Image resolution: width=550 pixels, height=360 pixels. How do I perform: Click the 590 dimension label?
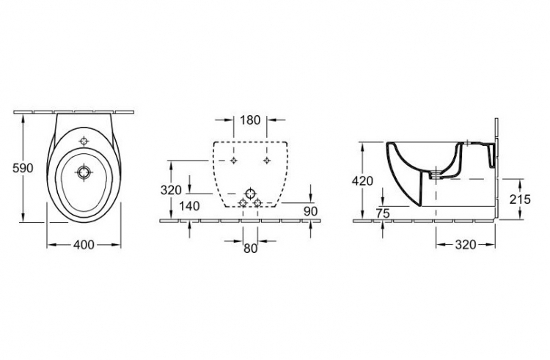[x=23, y=168]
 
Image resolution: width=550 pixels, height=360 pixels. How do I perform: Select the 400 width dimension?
[x=84, y=245]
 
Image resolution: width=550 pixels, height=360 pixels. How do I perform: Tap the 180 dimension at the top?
[x=250, y=120]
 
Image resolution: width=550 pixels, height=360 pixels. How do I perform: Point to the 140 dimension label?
[x=189, y=206]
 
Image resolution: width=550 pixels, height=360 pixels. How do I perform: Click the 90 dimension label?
[x=310, y=211]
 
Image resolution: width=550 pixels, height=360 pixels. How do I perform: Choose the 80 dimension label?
[x=250, y=248]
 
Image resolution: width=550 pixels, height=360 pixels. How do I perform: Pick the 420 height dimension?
[x=363, y=181]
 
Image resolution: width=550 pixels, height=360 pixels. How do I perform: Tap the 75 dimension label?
[x=383, y=213]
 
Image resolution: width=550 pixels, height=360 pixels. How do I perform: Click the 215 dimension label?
[x=520, y=199]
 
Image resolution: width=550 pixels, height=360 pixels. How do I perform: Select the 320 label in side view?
[x=466, y=245]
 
